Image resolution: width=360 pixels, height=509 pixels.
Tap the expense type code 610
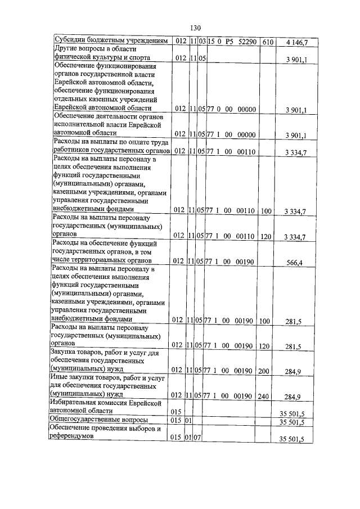coord(267,42)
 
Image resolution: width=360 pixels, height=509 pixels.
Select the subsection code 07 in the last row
coord(198,437)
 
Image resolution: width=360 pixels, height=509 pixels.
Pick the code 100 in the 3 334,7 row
coord(266,211)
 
